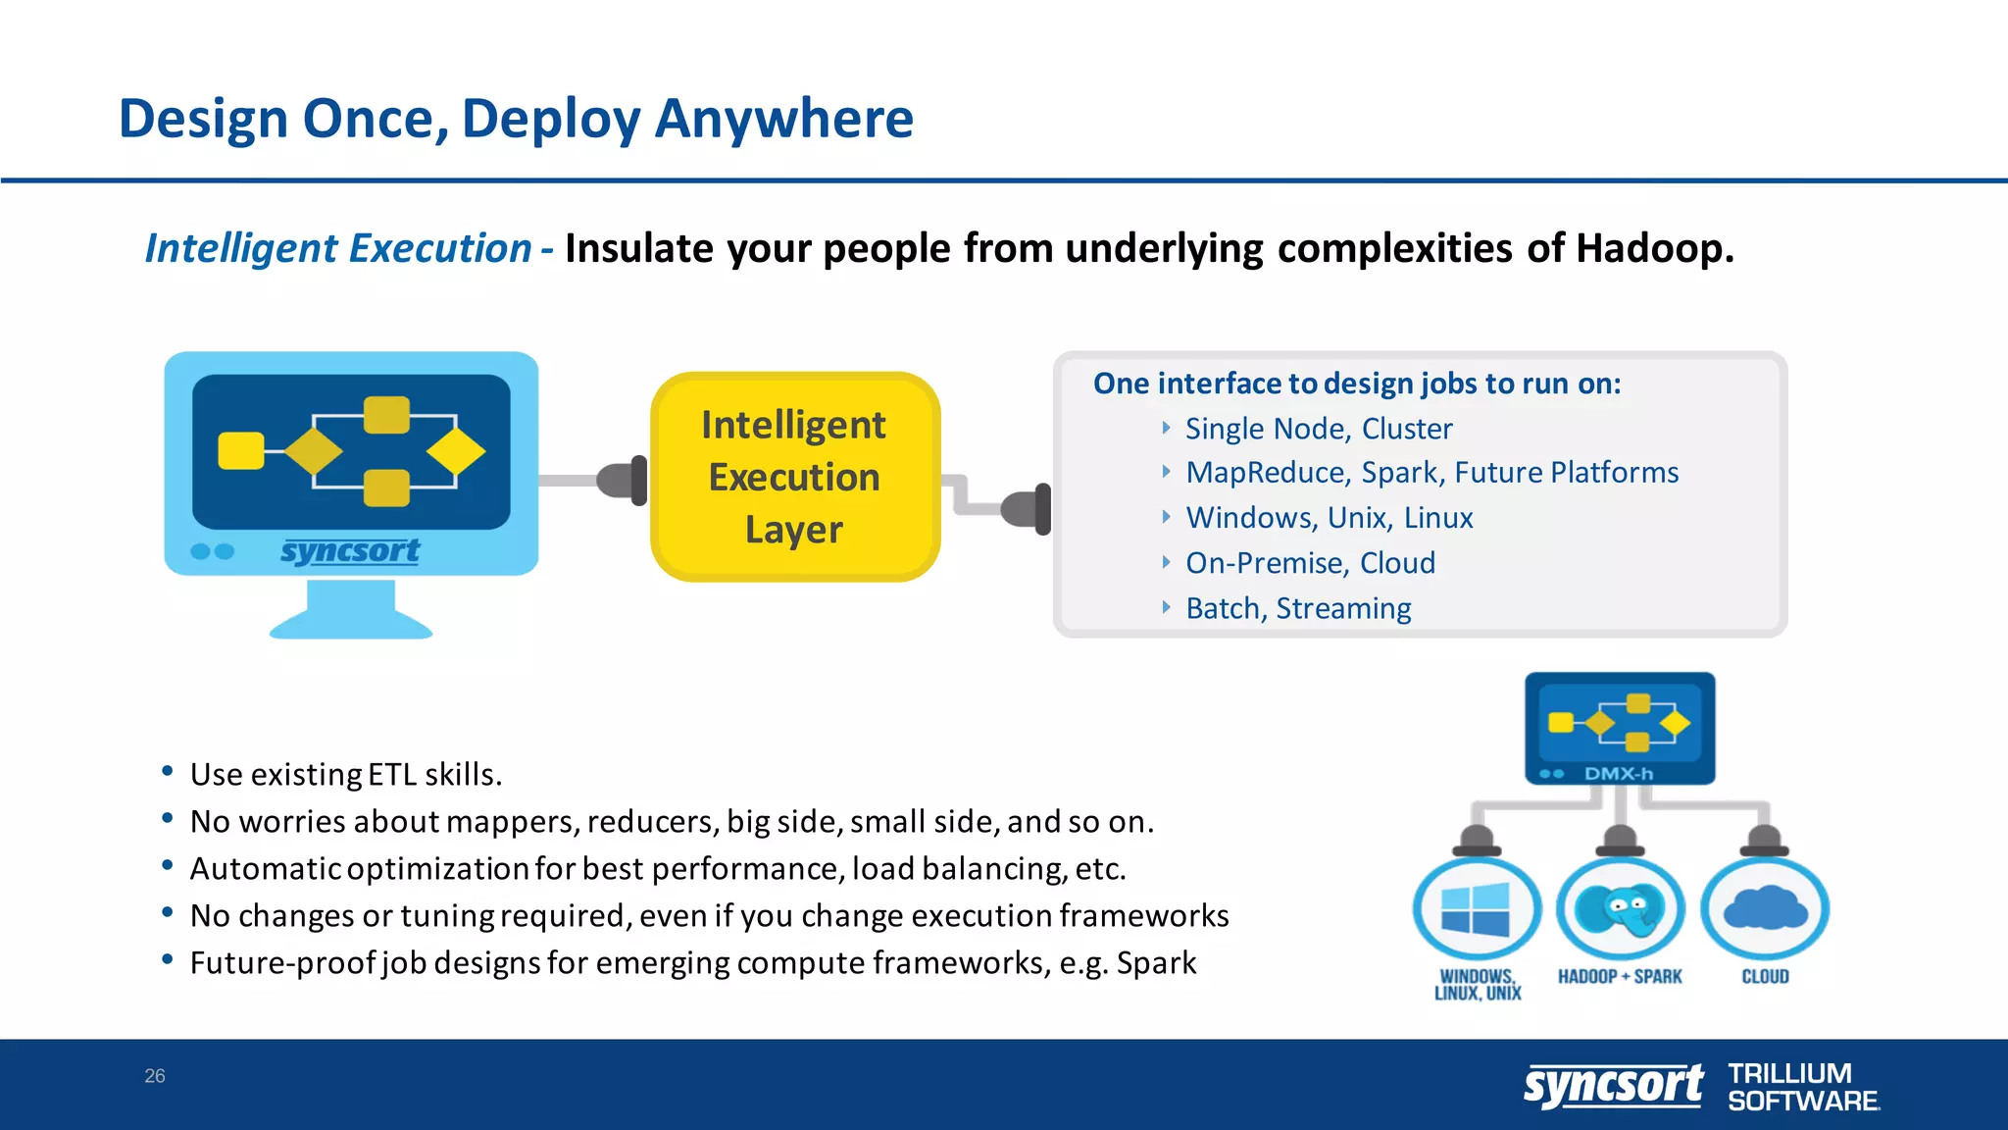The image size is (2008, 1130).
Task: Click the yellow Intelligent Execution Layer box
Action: tap(794, 477)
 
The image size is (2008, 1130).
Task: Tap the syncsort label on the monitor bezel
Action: tap(350, 551)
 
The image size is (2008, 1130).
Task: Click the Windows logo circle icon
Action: tap(1477, 909)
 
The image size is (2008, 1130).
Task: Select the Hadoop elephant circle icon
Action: tap(1620, 909)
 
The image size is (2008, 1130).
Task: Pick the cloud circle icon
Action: tap(1764, 909)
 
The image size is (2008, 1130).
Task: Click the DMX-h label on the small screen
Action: tap(1619, 774)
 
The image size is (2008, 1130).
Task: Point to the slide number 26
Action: tap(155, 1076)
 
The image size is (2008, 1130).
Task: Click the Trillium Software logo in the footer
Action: tap(1802, 1087)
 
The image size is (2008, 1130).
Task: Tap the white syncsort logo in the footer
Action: tap(1613, 1086)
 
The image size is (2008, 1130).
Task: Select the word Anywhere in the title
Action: tap(783, 119)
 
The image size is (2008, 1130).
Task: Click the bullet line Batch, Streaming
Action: tap(1297, 608)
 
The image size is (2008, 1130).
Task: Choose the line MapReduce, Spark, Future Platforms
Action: tap(1431, 473)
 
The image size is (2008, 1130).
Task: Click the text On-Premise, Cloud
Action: tap(1310, 563)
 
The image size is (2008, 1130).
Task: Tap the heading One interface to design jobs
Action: tap(1356, 384)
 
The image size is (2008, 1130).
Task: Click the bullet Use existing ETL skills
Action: tap(345, 775)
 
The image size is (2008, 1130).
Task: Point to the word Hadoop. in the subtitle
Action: tap(1654, 248)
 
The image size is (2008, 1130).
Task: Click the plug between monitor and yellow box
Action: tap(623, 481)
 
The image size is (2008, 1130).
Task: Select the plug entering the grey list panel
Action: tap(1027, 509)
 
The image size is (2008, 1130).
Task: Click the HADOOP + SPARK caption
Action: tap(1619, 977)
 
